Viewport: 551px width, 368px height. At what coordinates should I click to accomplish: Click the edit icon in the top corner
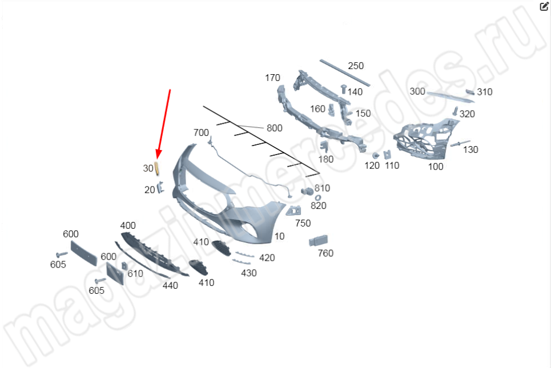[x=544, y=7]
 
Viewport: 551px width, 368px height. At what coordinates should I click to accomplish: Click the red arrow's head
[x=158, y=154]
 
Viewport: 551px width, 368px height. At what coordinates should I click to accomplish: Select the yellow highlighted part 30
[x=157, y=167]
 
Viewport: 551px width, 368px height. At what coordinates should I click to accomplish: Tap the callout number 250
[x=356, y=66]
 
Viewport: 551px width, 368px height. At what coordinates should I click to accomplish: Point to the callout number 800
[x=274, y=128]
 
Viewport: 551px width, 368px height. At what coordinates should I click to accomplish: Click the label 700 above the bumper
[x=201, y=133]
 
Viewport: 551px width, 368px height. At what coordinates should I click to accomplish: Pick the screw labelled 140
[x=344, y=89]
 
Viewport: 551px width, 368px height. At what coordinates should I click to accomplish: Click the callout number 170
[x=272, y=78]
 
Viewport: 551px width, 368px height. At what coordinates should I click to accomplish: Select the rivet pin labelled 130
[x=460, y=143]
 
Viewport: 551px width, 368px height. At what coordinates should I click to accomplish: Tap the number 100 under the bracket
[x=436, y=167]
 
